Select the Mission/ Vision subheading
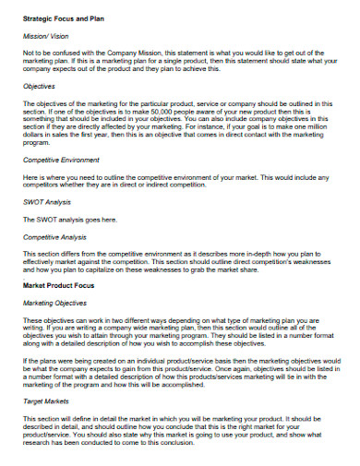[x=46, y=36]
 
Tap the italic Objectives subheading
[x=41, y=85]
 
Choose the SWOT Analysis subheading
[x=48, y=202]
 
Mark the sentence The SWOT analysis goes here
[x=70, y=220]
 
